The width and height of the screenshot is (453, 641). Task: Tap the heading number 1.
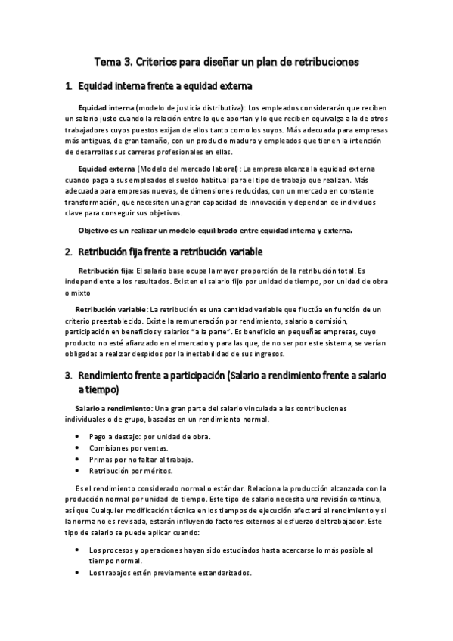(x=68, y=87)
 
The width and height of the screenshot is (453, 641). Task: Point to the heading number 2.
(x=68, y=251)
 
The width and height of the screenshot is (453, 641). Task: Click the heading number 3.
(x=68, y=376)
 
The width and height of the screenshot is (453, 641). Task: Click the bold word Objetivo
(x=96, y=231)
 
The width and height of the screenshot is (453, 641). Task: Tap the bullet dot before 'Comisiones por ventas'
(x=79, y=448)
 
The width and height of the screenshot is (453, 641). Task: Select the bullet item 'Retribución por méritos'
(x=131, y=470)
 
